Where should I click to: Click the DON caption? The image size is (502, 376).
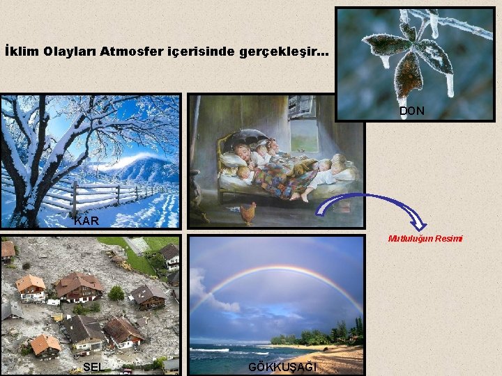(x=411, y=111)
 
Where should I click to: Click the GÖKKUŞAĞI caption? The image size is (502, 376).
(x=282, y=367)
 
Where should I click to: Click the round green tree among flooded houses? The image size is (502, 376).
(x=116, y=293)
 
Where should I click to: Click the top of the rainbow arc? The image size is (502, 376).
(x=279, y=268)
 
